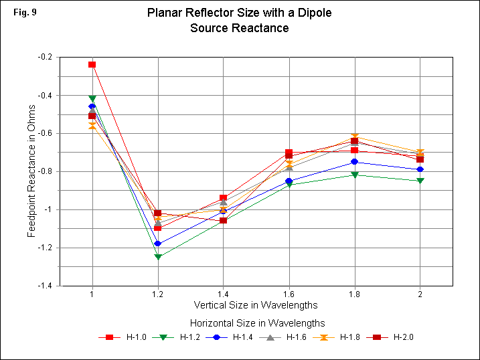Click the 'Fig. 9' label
pyautogui.click(x=23, y=12)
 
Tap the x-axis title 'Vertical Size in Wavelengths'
pyautogui.click(x=257, y=306)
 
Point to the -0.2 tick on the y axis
pyautogui.click(x=48, y=57)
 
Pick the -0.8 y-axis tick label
pyautogui.click(x=48, y=171)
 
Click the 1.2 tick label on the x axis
pyautogui.click(x=157, y=293)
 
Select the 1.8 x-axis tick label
pyautogui.click(x=354, y=293)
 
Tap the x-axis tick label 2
pyautogui.click(x=420, y=293)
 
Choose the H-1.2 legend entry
pyautogui.click(x=183, y=337)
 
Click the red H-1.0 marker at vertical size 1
pyautogui.click(x=92, y=65)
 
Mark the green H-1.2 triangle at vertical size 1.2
pyautogui.click(x=157, y=257)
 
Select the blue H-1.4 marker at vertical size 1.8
pyautogui.click(x=354, y=162)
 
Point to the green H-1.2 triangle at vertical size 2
pyautogui.click(x=420, y=181)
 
